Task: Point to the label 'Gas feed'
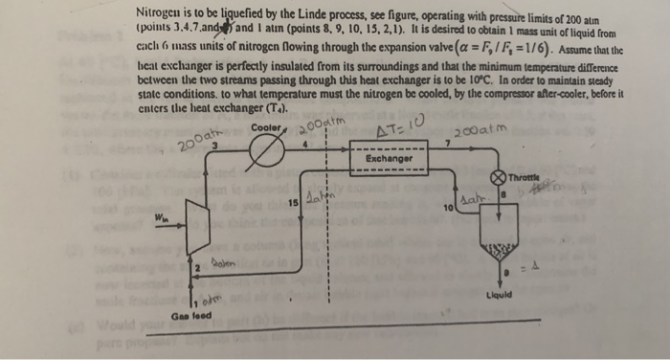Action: coord(187,314)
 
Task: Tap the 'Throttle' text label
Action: coord(525,176)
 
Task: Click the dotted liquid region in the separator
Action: coord(498,252)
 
